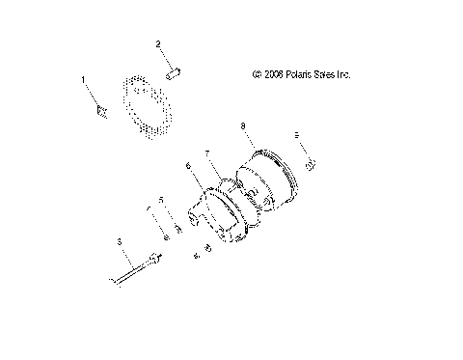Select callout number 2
(159, 43)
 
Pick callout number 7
(206, 152)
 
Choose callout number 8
(242, 125)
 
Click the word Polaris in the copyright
(304, 73)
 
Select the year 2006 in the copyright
(275, 73)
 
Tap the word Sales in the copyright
(338, 73)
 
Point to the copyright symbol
(256, 73)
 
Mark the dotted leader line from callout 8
(249, 137)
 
